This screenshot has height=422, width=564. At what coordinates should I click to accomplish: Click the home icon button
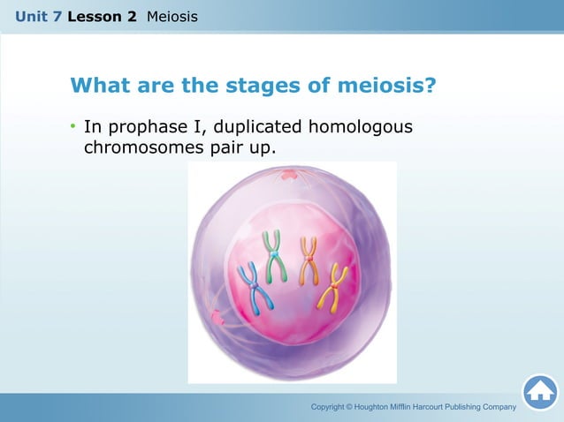click(x=539, y=392)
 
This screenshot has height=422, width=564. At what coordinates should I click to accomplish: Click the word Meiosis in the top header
click(x=172, y=17)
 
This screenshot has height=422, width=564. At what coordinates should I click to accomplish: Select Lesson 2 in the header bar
click(x=102, y=17)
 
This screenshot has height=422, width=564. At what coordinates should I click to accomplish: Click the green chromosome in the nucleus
click(x=274, y=255)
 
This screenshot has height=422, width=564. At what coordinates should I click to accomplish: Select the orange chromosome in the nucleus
click(x=309, y=260)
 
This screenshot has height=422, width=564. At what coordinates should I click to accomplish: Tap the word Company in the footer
click(x=497, y=407)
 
